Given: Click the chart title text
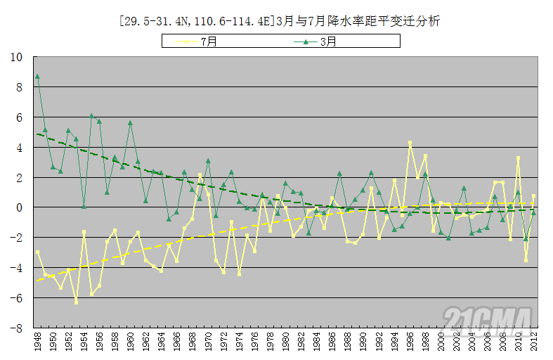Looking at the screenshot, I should [280, 22].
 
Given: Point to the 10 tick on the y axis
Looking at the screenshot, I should [17, 57].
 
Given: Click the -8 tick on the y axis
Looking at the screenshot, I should [18, 328].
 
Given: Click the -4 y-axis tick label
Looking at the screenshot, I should [18, 268].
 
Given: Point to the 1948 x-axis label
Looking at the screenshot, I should [37, 345].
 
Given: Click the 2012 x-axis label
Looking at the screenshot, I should [534, 345].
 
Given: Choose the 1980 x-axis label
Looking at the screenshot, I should [285, 345].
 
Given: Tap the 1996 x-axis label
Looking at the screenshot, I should [410, 345].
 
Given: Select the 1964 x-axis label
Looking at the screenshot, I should [162, 345].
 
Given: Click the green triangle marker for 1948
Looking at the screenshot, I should [37, 77].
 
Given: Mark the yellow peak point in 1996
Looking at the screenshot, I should [410, 143].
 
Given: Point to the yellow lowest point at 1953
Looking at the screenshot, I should [76, 302].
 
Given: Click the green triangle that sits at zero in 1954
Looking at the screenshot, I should [84, 207].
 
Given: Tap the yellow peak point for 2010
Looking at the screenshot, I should [519, 158].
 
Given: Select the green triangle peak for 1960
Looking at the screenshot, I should [130, 123].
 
